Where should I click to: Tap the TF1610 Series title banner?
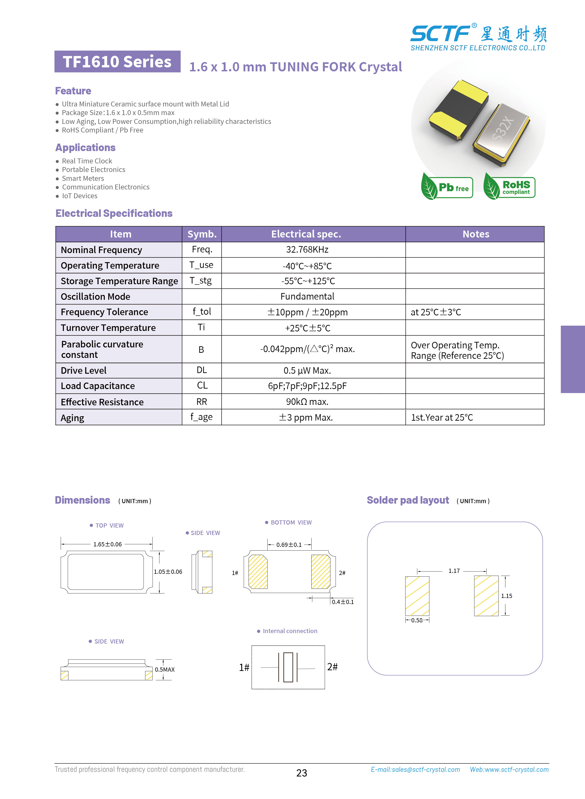[117, 62]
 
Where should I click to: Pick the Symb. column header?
[202, 234]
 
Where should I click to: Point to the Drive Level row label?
[83, 370]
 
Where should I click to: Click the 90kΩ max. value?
[307, 402]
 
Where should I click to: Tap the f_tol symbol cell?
[202, 311]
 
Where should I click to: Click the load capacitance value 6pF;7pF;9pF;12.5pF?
[307, 386]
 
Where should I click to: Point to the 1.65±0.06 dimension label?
[107, 544]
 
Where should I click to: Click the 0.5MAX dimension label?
[165, 670]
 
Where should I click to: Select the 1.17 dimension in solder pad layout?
[454, 571]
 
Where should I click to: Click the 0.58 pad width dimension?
[417, 620]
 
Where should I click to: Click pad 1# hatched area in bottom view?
[258, 572]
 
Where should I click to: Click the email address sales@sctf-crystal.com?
[415, 770]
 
